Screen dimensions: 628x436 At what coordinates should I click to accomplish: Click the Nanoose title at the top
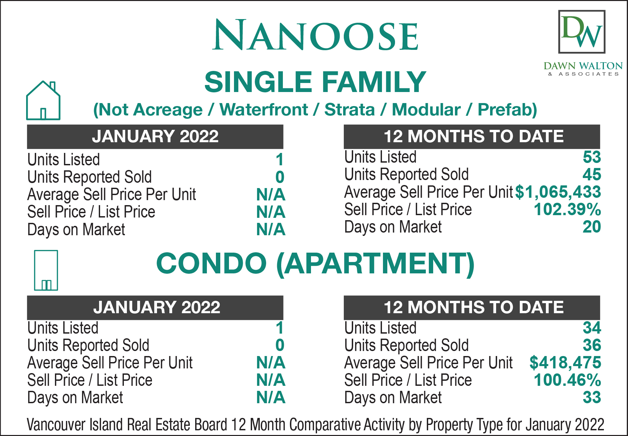[315, 35]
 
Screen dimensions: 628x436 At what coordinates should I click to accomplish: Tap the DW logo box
[582, 32]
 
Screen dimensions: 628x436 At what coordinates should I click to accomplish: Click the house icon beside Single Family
[43, 100]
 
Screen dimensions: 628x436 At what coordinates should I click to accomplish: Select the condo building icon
[46, 270]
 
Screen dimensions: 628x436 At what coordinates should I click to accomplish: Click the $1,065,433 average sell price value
[558, 192]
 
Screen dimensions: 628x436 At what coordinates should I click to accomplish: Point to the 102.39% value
[567, 209]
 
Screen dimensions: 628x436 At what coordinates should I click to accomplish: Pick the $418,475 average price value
[565, 363]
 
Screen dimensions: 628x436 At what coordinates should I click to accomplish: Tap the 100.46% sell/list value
[567, 380]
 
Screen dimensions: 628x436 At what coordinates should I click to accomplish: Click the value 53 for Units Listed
[592, 157]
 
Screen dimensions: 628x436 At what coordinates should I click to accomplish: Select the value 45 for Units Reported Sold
[592, 174]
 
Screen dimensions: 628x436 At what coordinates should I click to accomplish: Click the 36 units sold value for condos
[592, 345]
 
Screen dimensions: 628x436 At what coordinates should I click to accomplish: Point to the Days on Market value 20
[592, 227]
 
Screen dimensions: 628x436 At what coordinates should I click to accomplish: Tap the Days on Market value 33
[592, 398]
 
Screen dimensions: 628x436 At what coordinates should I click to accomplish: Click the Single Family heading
[315, 82]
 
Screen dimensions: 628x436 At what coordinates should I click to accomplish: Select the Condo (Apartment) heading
[315, 263]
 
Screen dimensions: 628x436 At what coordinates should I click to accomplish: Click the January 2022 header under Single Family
[155, 137]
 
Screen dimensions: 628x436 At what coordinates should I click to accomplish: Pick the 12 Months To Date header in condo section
[474, 308]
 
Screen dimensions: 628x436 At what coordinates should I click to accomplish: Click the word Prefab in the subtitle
[507, 110]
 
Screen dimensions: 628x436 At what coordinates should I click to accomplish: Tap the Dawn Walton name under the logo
[583, 66]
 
